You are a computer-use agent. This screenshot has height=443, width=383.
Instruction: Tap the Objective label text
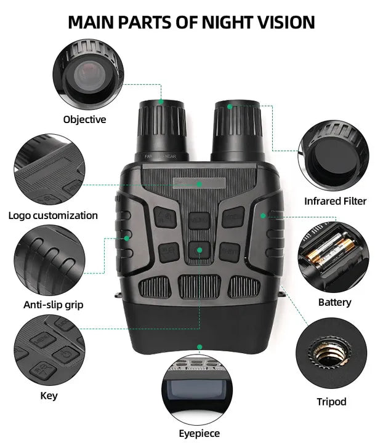point(84,120)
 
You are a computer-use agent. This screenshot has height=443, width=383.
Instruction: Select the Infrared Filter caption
point(335,201)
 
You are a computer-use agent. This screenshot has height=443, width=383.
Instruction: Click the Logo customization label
point(53,215)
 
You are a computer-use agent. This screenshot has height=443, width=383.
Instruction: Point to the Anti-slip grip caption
point(54,305)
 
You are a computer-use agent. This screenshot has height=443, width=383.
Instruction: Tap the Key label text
point(49,396)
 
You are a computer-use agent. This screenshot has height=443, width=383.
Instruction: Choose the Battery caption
point(335,303)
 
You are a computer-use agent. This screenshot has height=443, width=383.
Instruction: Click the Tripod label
point(331,402)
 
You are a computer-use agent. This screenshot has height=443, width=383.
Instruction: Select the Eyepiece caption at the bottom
point(200,434)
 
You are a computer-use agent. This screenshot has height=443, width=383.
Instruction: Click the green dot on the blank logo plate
point(200,184)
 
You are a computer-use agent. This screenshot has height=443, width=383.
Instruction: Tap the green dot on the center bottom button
point(200,250)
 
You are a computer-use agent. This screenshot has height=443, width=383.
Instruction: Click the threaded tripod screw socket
point(331,353)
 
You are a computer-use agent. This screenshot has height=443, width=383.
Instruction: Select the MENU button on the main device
point(200,220)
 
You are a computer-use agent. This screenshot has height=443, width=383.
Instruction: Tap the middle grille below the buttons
point(200,287)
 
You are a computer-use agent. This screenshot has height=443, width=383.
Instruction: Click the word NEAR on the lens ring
point(171,156)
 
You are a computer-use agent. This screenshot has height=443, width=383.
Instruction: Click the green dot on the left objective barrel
point(161,102)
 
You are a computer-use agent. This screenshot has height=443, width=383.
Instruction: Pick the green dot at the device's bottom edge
point(200,347)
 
